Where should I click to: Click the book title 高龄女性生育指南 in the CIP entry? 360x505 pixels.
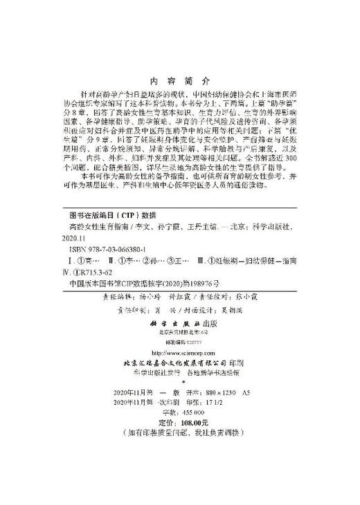pyautogui.click(x=96, y=226)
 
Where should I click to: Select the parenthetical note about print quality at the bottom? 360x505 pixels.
pyautogui.click(x=179, y=433)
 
